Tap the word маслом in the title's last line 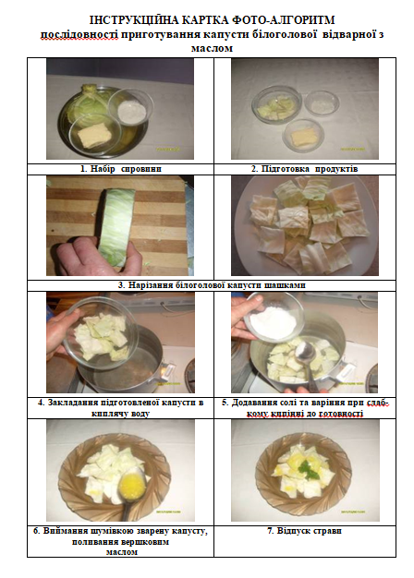coord(212,48)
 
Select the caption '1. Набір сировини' coord(121,169)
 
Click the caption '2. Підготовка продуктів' coord(305,169)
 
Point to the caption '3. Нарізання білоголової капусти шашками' coord(212,285)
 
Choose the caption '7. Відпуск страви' coord(304,531)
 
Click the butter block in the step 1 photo coord(94,136)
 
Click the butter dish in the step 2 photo coord(303,136)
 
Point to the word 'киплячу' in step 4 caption coord(107,414)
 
